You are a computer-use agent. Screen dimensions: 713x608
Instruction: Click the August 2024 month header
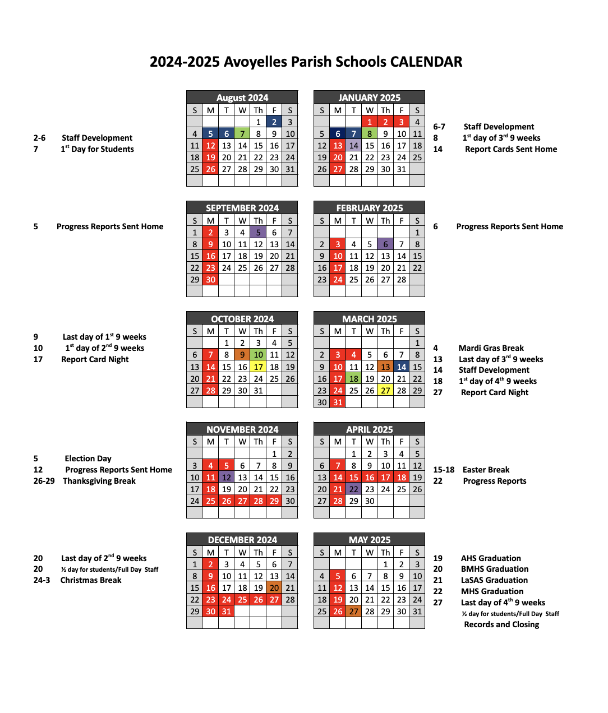(242, 98)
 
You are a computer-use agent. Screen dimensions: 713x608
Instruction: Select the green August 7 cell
(242, 134)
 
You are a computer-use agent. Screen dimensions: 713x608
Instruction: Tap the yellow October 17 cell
(258, 367)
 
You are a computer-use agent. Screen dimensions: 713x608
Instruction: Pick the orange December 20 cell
(274, 588)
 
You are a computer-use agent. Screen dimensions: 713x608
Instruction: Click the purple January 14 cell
(354, 146)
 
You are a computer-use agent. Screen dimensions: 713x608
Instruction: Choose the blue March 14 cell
(402, 367)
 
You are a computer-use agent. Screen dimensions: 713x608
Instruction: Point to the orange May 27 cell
(354, 612)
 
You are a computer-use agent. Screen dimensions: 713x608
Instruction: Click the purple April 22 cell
(354, 489)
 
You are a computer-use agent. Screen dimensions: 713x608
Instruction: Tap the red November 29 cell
(274, 501)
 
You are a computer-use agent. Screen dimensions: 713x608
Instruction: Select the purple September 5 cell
(258, 233)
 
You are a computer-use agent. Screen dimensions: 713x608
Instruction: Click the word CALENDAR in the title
(426, 62)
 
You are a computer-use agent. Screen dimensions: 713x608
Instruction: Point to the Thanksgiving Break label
(99, 481)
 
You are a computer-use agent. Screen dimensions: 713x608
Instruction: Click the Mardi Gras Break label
(491, 348)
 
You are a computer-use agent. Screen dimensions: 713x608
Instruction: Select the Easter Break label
(486, 470)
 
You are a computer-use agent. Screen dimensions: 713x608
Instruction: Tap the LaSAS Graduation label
(494, 580)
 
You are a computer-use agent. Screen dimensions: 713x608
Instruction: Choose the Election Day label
(88, 459)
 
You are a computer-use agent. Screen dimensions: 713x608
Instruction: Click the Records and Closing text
(501, 624)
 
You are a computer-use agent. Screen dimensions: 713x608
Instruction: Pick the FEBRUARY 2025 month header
(370, 208)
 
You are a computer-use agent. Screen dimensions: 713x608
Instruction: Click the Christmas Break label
(91, 580)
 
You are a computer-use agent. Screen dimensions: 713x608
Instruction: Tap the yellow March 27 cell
(386, 391)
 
